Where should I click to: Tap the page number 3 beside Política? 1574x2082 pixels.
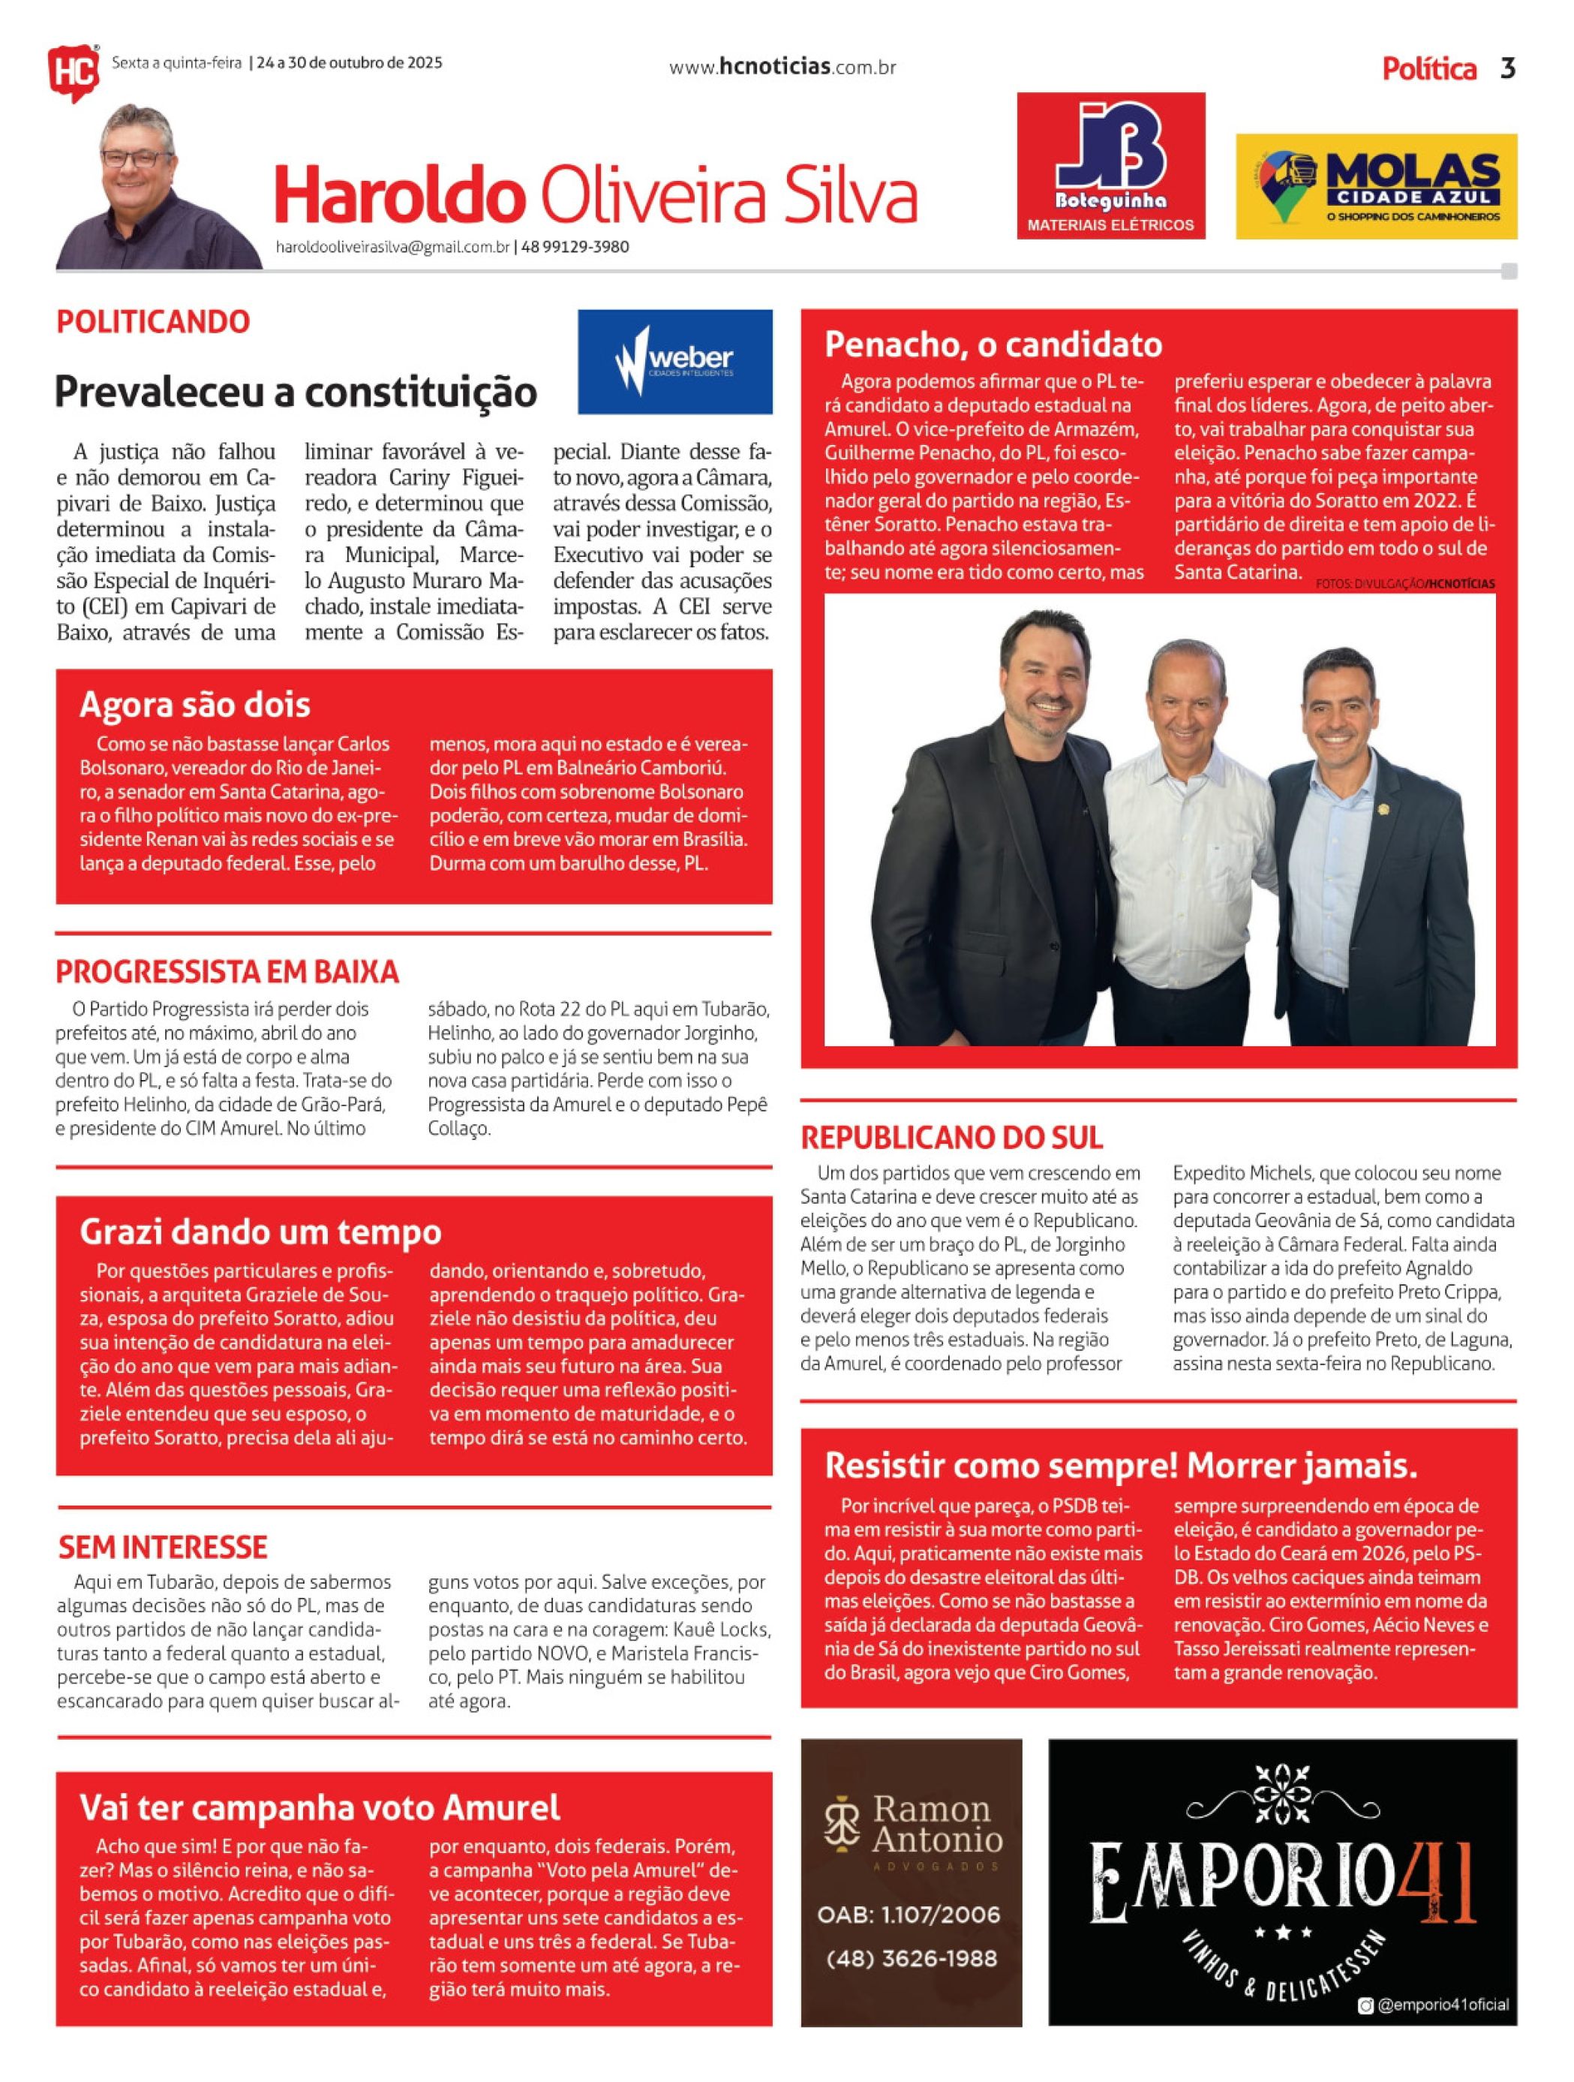click(1507, 69)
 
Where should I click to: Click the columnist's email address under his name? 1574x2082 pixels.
click(392, 248)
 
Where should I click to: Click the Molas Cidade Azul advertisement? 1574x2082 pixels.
click(1375, 186)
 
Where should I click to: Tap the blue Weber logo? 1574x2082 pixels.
click(674, 362)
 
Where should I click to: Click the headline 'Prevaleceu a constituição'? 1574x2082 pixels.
click(296, 392)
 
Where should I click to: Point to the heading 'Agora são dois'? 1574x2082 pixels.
click(195, 704)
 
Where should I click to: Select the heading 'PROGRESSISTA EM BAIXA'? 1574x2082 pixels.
click(227, 971)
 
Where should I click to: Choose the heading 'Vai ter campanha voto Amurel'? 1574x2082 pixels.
click(319, 1807)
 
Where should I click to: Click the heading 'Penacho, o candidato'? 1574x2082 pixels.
click(993, 344)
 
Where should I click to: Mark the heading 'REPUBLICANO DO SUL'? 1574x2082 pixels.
click(951, 1137)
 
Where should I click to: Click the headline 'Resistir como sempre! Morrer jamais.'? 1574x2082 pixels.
click(1121, 1466)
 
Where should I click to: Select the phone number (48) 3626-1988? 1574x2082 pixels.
click(911, 1959)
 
